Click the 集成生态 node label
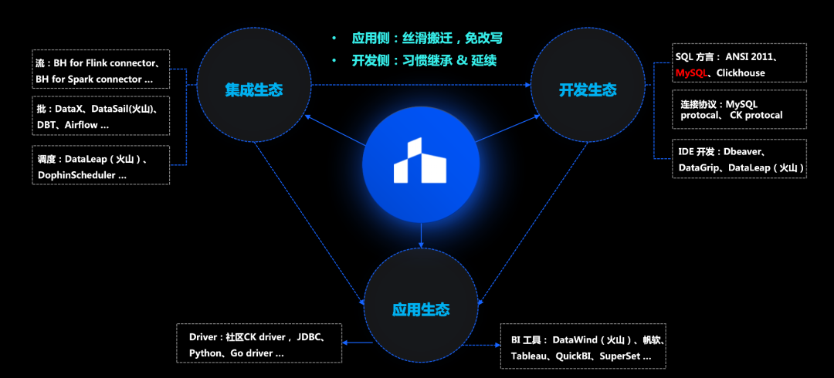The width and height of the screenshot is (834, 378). pos(253,90)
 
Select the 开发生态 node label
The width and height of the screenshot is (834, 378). pos(588,90)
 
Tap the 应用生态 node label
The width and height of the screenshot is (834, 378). pos(421,310)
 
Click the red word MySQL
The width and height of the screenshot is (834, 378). pos(692,73)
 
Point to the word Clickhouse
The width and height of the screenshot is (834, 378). pos(741,73)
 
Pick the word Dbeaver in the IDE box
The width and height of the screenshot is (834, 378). pos(744,153)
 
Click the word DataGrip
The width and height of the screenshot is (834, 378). pos(700,167)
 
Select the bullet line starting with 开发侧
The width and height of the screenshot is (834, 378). pos(421,60)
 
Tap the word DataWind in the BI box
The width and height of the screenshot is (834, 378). pos(578,340)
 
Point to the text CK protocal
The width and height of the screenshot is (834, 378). pos(756,116)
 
